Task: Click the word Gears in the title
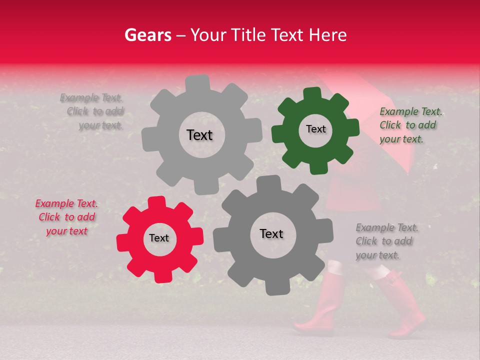coord(147,35)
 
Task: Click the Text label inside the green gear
coord(315,129)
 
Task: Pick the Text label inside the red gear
coord(159,238)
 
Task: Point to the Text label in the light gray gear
coord(199,135)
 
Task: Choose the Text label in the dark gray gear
coord(271,234)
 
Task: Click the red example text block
coord(66,217)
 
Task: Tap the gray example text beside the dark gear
coord(386,241)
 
